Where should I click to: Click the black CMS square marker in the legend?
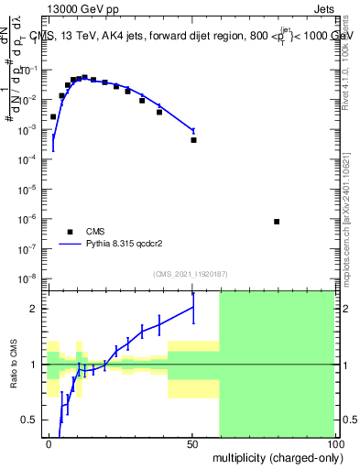click(70, 232)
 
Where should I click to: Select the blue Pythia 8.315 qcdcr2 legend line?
click(70, 245)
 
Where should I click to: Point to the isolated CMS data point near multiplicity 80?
click(277, 222)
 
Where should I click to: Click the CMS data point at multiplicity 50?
click(193, 140)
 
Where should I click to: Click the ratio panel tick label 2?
click(37, 310)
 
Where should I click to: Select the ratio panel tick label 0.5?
click(33, 420)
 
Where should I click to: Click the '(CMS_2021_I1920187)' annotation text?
click(191, 273)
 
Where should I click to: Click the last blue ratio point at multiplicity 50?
click(193, 308)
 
